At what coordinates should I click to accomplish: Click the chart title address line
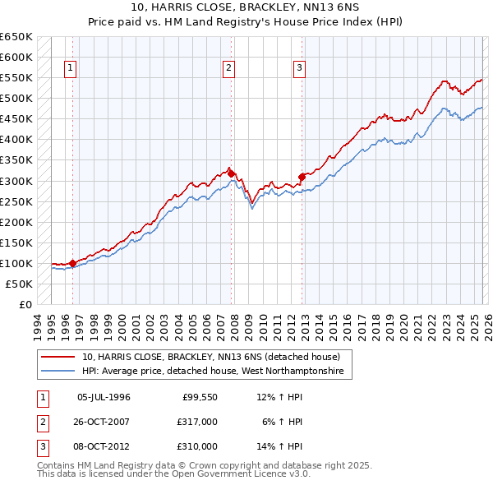point(246,7)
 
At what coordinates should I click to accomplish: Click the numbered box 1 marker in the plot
point(71,68)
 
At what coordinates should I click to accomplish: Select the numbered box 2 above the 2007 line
point(228,68)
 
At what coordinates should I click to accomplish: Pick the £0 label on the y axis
point(25,304)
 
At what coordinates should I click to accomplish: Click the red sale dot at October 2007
point(232,173)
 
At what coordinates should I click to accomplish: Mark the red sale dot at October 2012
point(302,176)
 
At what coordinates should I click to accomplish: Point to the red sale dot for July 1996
point(72,263)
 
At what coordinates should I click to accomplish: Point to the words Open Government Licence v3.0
point(246,474)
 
